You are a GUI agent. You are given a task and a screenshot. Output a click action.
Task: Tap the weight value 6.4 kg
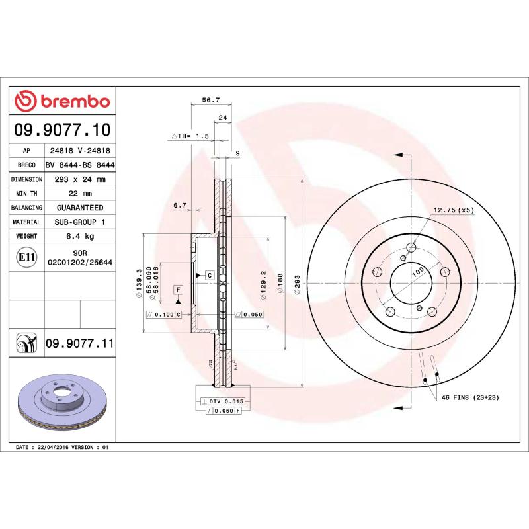click(x=80, y=236)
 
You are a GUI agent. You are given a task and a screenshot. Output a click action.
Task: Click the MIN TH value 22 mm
click(x=80, y=194)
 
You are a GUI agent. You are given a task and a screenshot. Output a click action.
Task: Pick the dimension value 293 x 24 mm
click(x=80, y=179)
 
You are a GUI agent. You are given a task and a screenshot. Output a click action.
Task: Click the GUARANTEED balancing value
click(x=80, y=208)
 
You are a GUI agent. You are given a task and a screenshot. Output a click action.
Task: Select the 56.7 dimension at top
click(x=210, y=100)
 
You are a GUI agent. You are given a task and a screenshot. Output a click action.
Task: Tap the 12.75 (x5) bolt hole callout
click(x=454, y=210)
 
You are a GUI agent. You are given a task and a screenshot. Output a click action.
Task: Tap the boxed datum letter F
click(x=178, y=290)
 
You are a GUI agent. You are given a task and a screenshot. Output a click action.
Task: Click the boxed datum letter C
click(x=208, y=274)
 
